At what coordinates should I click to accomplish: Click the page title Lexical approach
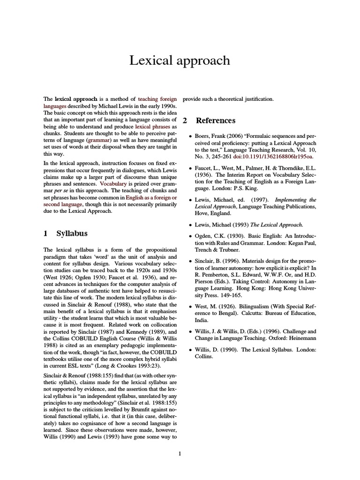[x=180, y=60]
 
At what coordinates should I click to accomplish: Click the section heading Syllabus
[x=72, y=233]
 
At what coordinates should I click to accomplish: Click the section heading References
[x=216, y=120]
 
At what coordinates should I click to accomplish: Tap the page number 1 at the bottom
[x=180, y=453]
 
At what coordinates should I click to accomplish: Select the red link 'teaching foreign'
[x=157, y=99]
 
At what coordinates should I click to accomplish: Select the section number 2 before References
[x=185, y=120]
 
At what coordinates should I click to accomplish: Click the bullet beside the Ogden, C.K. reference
[x=190, y=236]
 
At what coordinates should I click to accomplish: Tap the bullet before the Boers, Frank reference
[x=190, y=136]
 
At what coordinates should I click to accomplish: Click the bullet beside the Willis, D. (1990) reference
[x=190, y=350]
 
